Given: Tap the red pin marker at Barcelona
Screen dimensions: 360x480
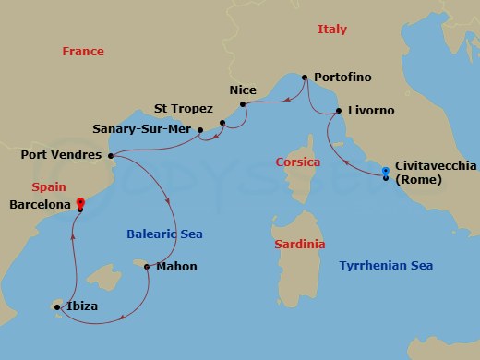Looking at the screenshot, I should pos(80,202).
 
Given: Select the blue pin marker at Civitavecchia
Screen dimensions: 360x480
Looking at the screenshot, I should pos(386,172).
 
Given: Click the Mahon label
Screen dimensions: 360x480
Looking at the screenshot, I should pos(176,267).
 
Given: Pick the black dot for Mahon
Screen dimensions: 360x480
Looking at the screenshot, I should pos(147,266).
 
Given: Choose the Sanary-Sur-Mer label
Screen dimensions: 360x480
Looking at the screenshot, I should pos(143,129).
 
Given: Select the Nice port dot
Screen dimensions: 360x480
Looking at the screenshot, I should pos(243,104).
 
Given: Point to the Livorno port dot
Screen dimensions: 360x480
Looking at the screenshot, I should pos(339,111).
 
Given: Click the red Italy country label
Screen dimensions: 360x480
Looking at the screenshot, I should pos(331,30).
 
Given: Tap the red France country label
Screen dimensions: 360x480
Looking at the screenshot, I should pos(83,52).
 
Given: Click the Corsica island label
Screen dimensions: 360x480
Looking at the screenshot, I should pos(298,162).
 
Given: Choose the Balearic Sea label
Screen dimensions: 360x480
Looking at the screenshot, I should pos(164,234).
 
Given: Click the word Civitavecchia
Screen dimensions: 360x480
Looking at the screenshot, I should pos(435,164).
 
